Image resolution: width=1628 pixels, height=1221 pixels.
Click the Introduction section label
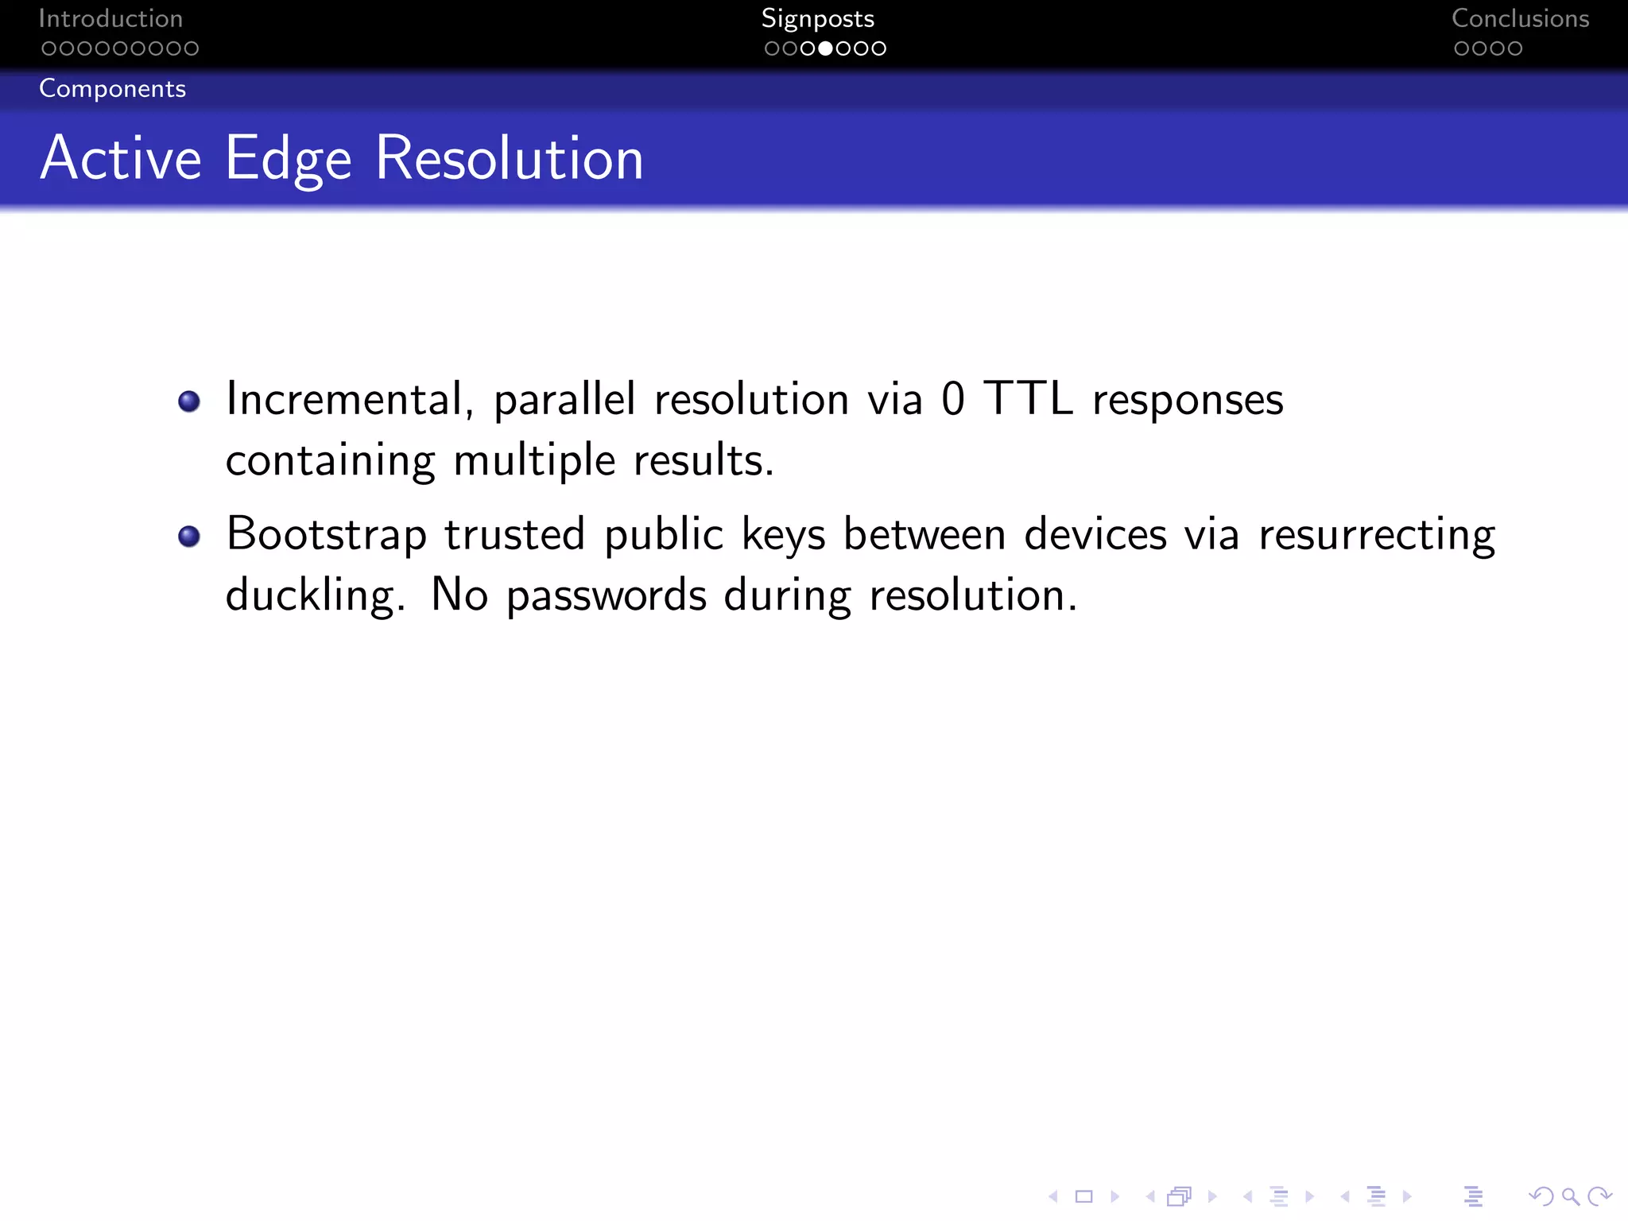tap(110, 18)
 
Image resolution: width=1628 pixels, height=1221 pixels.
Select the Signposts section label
tap(817, 18)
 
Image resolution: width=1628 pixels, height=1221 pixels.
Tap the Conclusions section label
tap(1520, 18)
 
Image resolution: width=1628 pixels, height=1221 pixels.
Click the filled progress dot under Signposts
tap(826, 48)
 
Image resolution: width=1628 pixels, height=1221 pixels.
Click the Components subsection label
tap(112, 88)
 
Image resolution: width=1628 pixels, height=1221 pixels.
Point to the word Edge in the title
tap(288, 159)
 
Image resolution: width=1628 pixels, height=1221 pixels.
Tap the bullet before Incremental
tap(189, 401)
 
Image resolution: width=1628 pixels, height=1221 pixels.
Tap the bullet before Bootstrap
tap(189, 537)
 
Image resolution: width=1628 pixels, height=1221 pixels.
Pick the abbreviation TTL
tap(1028, 398)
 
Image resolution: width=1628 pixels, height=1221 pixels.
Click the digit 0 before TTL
tap(952, 399)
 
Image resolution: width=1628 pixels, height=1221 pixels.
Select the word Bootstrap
tap(327, 534)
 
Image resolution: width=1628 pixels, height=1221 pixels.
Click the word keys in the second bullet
tap(783, 534)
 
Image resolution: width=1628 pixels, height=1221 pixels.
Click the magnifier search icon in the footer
tap(1570, 1196)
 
